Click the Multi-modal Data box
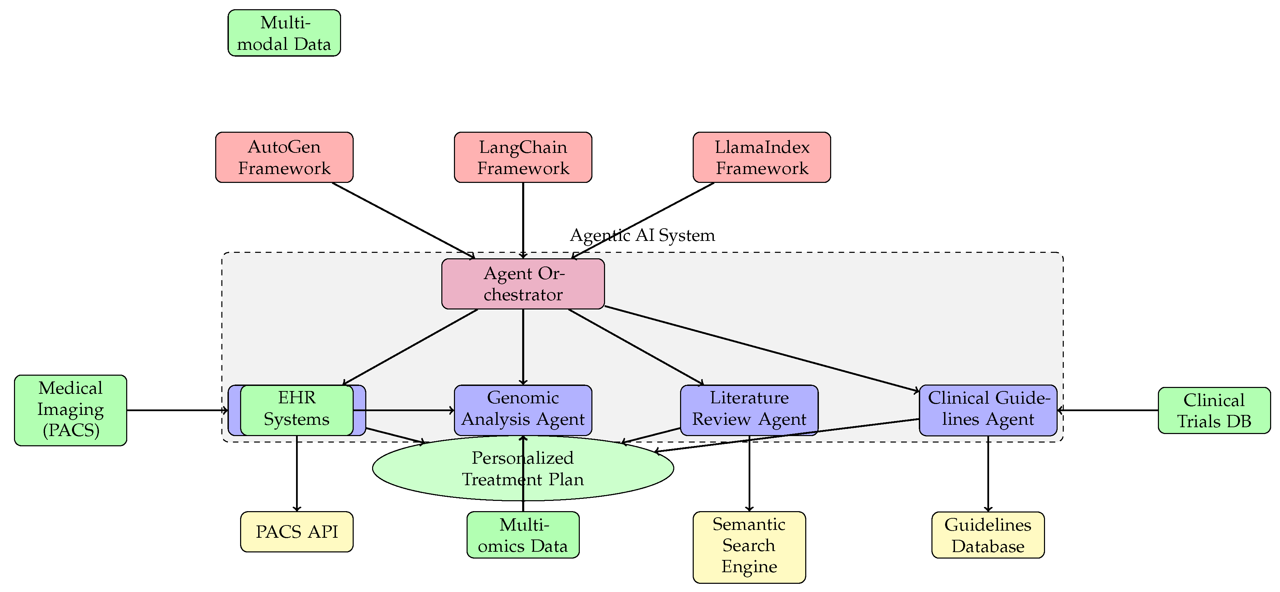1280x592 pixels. tap(284, 33)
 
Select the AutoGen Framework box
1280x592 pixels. tap(284, 157)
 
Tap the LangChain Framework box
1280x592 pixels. tap(523, 157)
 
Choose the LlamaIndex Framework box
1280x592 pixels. tap(761, 157)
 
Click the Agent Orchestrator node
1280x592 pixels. tap(523, 283)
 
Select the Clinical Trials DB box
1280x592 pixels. tap(1213, 410)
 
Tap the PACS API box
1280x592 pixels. tap(297, 531)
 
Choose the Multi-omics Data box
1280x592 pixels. tap(523, 535)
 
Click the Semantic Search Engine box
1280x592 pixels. tap(749, 546)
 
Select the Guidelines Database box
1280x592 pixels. tap(988, 535)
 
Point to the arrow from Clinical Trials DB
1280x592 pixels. tap(1108, 410)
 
